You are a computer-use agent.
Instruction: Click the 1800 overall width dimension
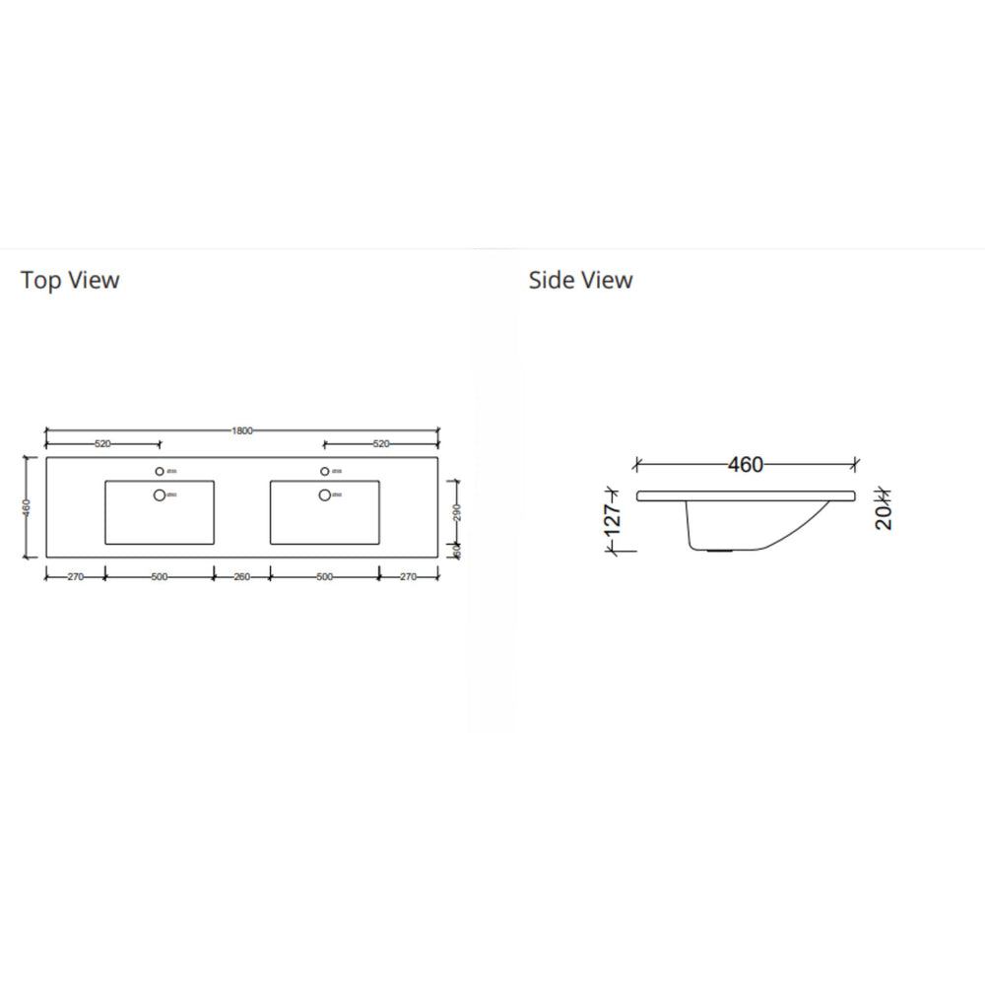(242, 430)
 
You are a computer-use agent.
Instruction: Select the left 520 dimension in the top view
(102, 444)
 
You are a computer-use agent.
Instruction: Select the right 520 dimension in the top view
(381, 444)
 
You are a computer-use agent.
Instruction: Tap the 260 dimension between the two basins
(241, 577)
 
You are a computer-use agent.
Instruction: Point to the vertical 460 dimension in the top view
(27, 507)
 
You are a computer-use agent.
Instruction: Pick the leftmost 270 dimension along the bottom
(75, 577)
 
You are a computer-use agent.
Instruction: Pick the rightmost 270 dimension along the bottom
(409, 577)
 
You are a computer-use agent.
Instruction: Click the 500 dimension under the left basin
(159, 577)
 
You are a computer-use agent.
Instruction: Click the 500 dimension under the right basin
(325, 577)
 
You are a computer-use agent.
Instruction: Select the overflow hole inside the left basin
(159, 494)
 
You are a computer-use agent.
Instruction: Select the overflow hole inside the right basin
(324, 494)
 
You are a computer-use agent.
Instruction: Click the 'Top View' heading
(70, 281)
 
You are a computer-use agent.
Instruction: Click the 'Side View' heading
(580, 281)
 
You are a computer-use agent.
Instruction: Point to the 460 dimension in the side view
(746, 464)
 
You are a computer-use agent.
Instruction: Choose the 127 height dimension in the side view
(612, 522)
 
